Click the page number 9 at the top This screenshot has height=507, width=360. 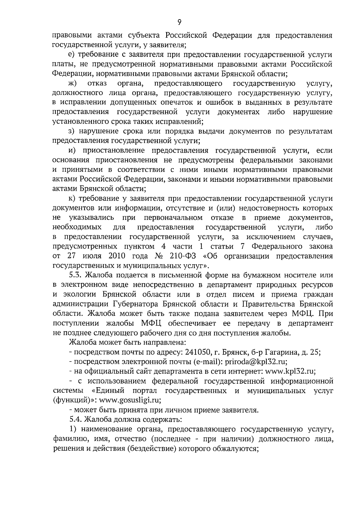179,22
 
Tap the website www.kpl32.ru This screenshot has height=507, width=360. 289,371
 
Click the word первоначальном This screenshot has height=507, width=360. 173,217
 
